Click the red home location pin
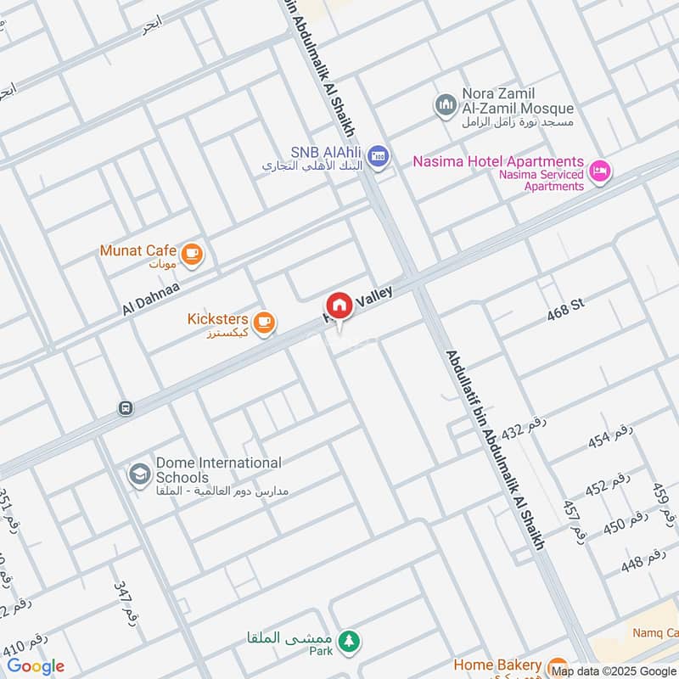[339, 306]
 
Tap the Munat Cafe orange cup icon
[193, 253]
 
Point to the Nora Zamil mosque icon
[446, 105]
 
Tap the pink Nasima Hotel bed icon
[601, 171]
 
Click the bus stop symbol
[126, 408]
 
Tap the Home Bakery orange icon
[557, 666]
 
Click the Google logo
[36, 666]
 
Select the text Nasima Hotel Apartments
[498, 161]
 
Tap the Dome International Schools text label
[218, 469]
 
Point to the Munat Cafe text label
[137, 250]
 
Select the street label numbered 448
[643, 561]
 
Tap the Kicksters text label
[217, 319]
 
